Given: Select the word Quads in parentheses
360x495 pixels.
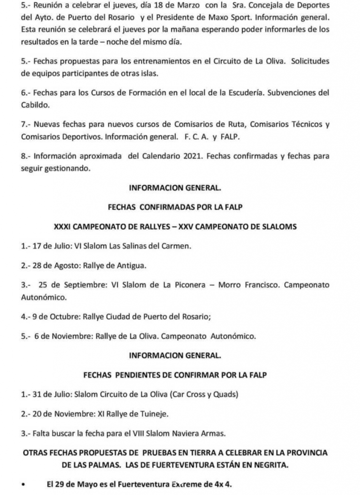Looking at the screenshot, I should click(225, 394).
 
